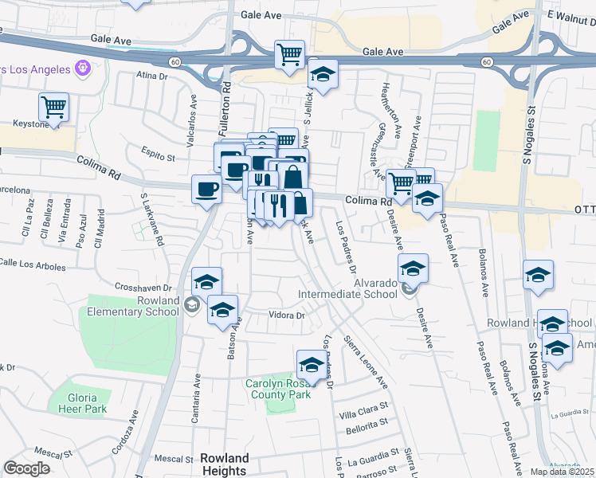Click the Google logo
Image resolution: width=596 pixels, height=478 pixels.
[x=26, y=468]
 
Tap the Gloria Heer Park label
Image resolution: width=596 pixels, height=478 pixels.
[x=83, y=402]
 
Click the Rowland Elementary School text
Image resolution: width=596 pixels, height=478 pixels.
[x=133, y=306]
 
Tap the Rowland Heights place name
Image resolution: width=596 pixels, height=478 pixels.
[x=224, y=464]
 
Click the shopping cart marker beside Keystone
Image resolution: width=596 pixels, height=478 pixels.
[x=53, y=107]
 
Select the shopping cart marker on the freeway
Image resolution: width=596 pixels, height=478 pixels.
[x=289, y=55]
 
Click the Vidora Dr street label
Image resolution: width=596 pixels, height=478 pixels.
[x=288, y=315]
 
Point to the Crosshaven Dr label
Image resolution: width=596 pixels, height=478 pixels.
[x=143, y=287]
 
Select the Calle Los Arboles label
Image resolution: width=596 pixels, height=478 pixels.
[x=33, y=263]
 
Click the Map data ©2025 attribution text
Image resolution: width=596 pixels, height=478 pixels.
[x=562, y=472]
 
